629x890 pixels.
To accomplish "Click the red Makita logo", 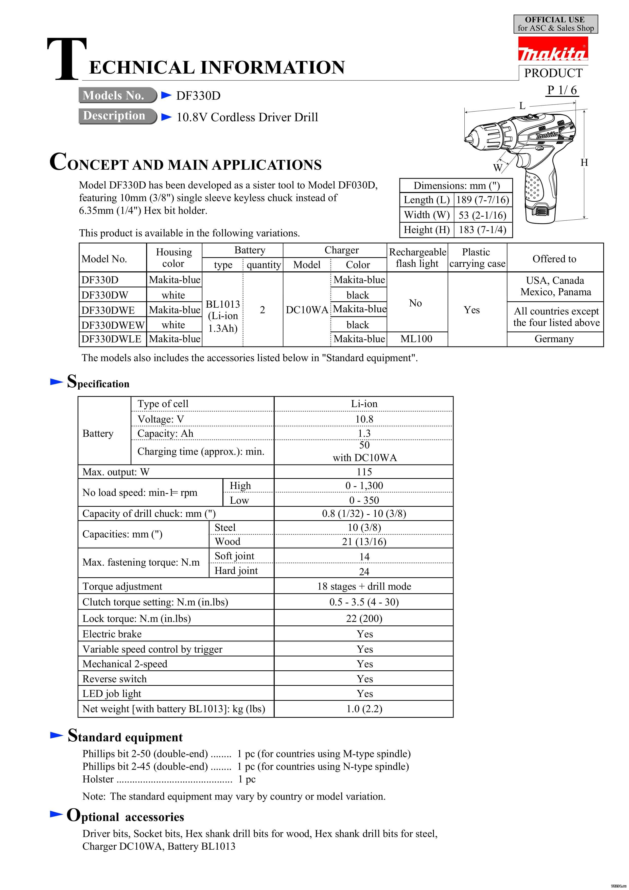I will coord(553,49).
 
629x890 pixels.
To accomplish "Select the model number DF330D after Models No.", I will coord(198,96).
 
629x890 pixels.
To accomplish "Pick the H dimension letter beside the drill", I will coord(584,163).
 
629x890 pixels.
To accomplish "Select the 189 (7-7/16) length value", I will coord(482,200).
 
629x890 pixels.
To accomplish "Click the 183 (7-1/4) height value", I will coord(482,230).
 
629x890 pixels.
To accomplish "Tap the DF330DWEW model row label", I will coord(113,325).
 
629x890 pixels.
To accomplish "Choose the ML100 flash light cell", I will coord(416,339).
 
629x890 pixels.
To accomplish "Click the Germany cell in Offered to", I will coord(554,339).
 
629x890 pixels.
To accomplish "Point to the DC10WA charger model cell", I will coord(307,310).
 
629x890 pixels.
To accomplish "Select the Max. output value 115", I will coord(364,472).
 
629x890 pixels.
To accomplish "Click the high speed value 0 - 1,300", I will coord(364,486).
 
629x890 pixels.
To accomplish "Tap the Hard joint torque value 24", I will coord(364,571).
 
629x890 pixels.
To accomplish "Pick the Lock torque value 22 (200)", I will coord(364,618).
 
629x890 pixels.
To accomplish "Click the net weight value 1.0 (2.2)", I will coord(364,709).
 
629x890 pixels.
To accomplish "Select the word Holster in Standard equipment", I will coord(98,779).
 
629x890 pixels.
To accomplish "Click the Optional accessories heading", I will coord(126,816).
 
